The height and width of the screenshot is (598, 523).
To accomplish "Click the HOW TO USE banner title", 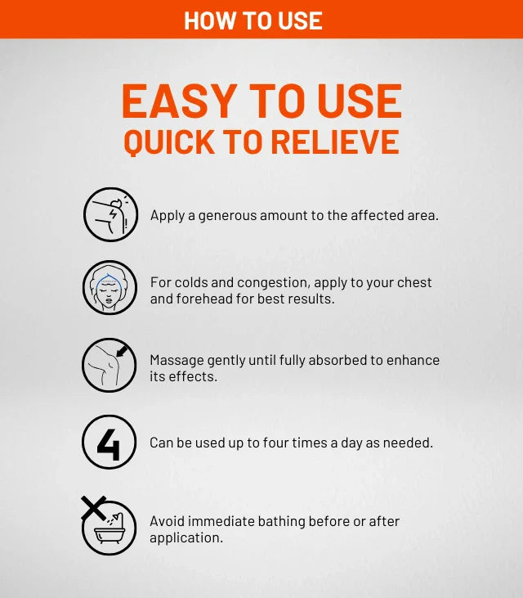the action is (x=253, y=20).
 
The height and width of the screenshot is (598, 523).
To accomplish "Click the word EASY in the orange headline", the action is (x=179, y=101).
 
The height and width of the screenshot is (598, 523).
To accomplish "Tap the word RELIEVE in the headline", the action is (x=335, y=142).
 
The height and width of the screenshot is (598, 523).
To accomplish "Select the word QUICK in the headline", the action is (x=168, y=142).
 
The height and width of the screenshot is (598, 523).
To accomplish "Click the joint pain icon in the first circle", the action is (x=110, y=214).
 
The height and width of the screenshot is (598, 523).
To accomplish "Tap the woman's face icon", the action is (x=110, y=288).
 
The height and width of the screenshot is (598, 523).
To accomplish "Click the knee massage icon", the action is (x=109, y=365).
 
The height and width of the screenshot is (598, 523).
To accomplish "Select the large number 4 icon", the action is (x=109, y=445).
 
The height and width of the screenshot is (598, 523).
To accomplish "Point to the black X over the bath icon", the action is (x=94, y=508).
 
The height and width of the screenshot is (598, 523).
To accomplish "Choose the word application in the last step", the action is (x=186, y=538).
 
